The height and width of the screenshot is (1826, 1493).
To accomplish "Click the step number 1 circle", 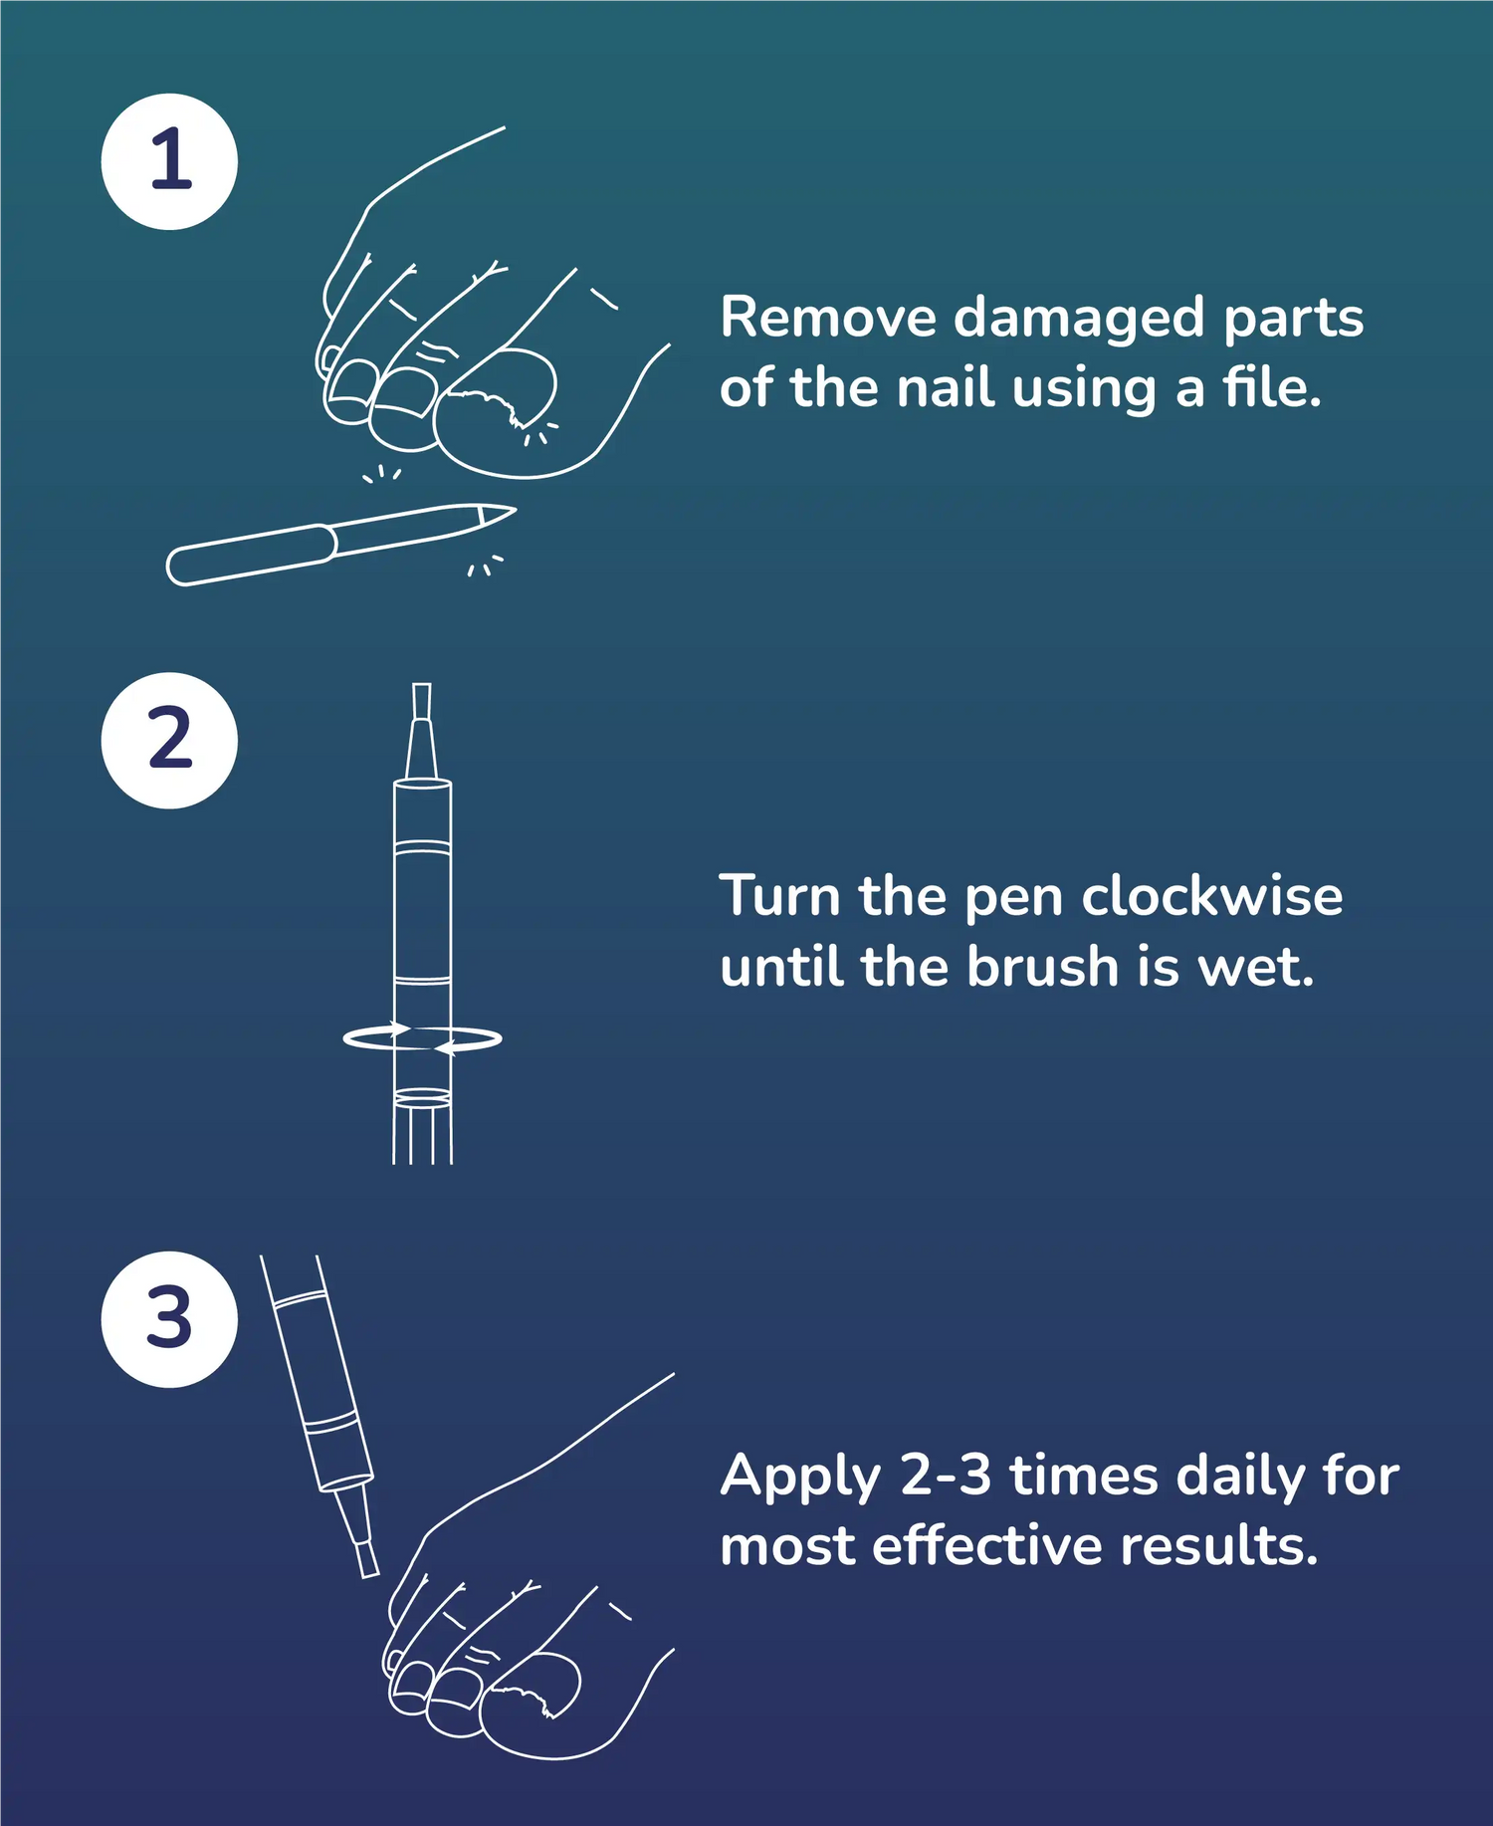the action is [x=169, y=161].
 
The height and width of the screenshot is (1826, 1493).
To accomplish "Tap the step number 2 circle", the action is [x=169, y=740].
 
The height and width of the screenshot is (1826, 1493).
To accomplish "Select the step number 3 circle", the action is [x=169, y=1319].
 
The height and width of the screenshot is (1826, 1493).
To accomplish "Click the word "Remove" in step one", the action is [x=828, y=318].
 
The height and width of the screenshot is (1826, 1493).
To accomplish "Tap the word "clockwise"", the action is [x=1212, y=896].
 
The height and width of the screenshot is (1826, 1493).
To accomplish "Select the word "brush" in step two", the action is [x=1043, y=966].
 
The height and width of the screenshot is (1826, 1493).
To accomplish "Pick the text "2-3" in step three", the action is [x=946, y=1476].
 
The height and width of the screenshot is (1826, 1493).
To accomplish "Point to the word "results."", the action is [x=1218, y=1545].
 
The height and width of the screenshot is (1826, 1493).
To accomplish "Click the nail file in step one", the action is [x=340, y=545].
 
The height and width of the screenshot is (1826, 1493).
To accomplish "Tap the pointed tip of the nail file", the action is [x=516, y=510].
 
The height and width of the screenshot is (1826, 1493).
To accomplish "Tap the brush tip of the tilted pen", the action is [x=367, y=1559].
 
